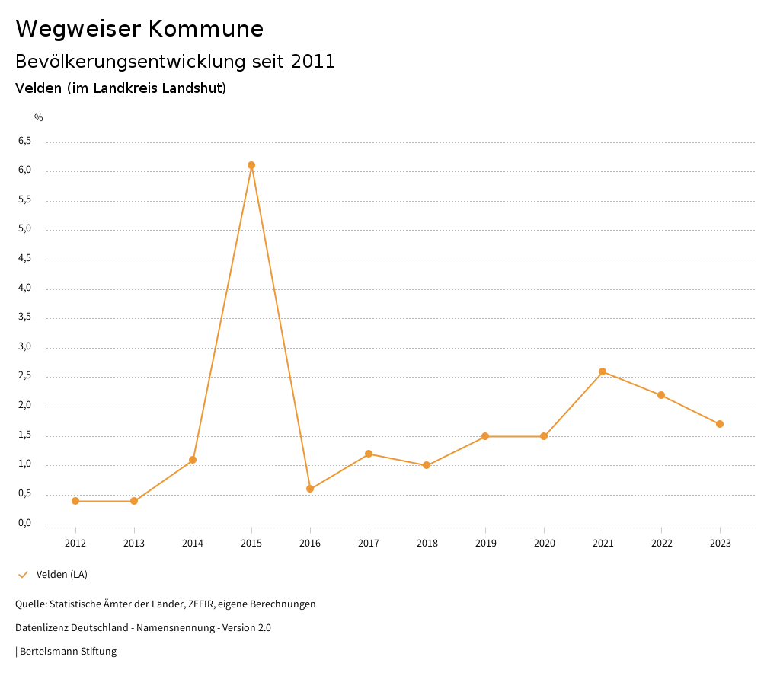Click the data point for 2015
[251, 165]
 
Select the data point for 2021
[603, 371]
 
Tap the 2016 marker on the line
[310, 489]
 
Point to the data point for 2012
[75, 501]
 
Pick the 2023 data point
[720, 424]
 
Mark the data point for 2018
[427, 465]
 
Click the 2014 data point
[193, 460]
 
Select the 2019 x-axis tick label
[485, 544]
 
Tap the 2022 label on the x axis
[661, 544]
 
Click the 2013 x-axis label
[134, 544]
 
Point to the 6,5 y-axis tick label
[24, 141]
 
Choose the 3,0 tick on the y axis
[24, 346]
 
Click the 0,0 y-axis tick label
[24, 523]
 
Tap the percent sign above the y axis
[39, 118]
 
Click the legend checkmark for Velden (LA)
[23, 575]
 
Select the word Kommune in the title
[206, 29]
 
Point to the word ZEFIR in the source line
[202, 604]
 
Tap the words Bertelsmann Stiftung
[68, 652]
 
